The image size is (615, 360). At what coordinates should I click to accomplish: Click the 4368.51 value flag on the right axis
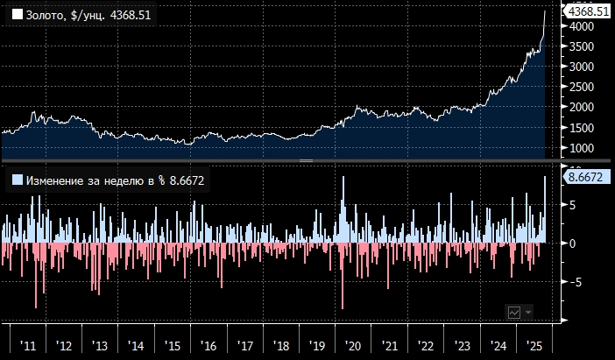587,11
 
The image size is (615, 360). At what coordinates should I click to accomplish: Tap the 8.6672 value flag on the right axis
584,178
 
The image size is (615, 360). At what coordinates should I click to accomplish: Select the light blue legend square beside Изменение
17,180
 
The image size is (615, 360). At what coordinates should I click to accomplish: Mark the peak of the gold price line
546,11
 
